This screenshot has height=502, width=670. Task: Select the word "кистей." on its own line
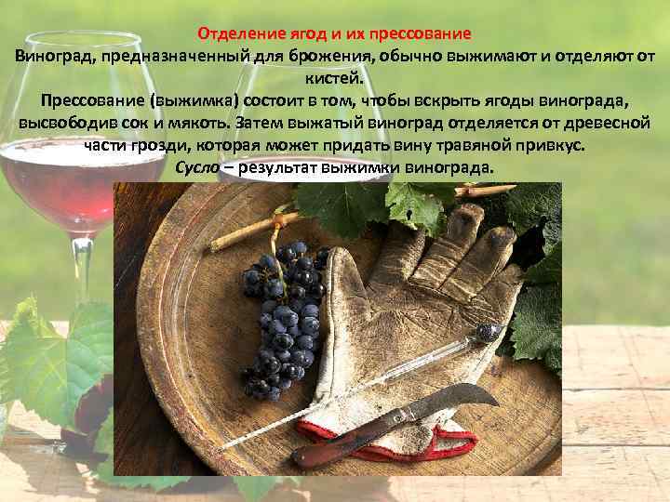335,78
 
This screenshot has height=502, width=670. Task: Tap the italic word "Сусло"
196,167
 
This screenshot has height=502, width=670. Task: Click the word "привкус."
551,145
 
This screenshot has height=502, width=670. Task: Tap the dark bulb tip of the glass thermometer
489,331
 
